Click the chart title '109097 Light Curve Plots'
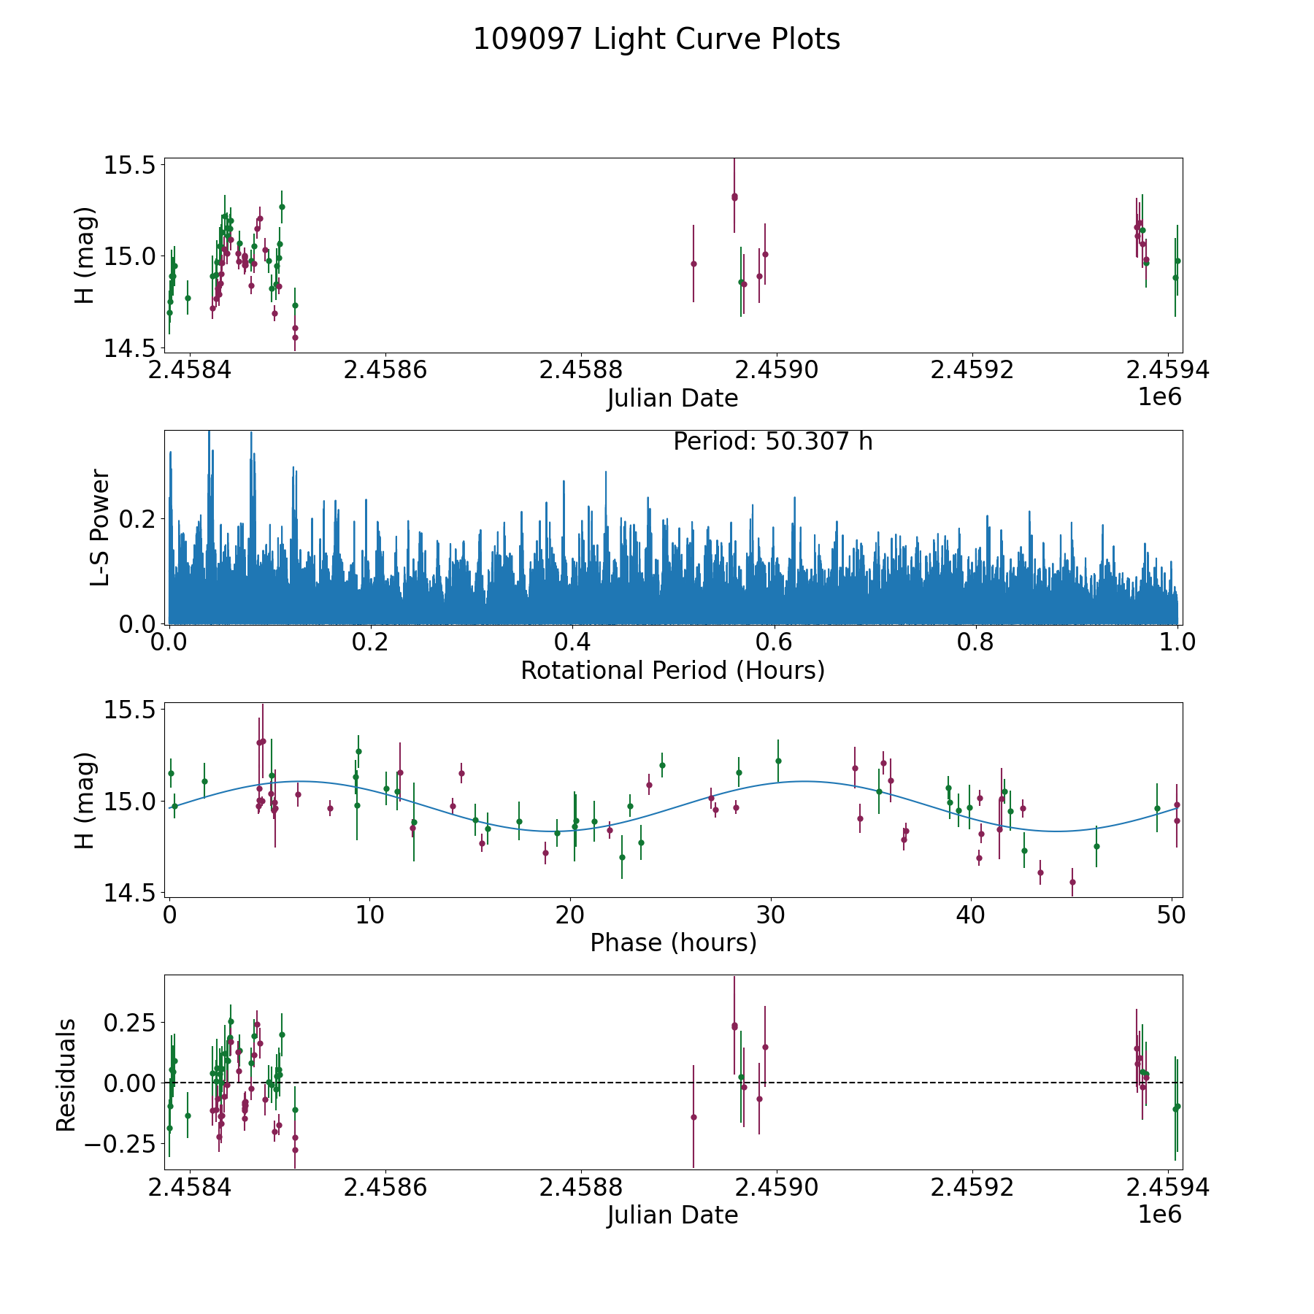(x=656, y=39)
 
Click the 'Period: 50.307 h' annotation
(x=772, y=442)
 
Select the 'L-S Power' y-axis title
(x=101, y=528)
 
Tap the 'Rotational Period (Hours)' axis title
(x=672, y=670)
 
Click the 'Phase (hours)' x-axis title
(x=672, y=942)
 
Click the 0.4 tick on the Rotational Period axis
(x=572, y=642)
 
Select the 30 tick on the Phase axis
(x=770, y=915)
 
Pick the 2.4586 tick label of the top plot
(x=385, y=370)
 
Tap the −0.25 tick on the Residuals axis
(x=120, y=1143)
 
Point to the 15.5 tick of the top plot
(x=131, y=165)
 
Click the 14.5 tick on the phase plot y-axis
(x=131, y=893)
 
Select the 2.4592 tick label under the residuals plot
(x=972, y=1188)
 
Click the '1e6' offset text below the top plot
(x=1159, y=397)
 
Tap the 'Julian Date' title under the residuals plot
(x=672, y=1215)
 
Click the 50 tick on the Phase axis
(x=1171, y=915)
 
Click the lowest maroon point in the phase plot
(x=1072, y=882)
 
